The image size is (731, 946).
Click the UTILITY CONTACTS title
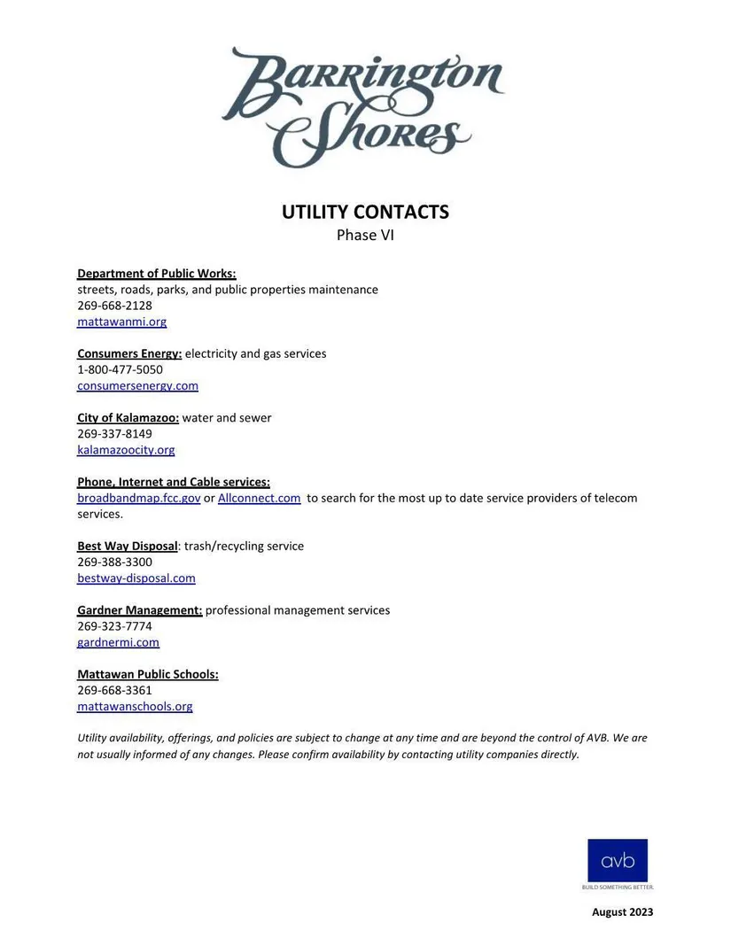(x=365, y=213)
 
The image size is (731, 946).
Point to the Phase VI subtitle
(x=365, y=236)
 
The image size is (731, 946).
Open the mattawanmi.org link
(x=121, y=322)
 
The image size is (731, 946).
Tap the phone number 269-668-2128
(x=114, y=306)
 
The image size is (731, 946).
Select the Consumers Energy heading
(x=129, y=353)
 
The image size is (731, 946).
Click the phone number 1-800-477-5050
(x=120, y=369)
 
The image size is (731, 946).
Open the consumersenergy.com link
(x=137, y=385)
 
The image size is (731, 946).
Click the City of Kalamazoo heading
(x=128, y=417)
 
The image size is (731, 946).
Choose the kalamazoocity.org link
(x=126, y=449)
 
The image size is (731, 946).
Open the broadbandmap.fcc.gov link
(x=138, y=498)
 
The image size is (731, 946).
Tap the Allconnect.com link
(x=259, y=498)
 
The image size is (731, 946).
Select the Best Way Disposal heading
(x=128, y=546)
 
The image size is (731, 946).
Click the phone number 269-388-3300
(x=114, y=562)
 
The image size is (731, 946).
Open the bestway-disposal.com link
(x=136, y=578)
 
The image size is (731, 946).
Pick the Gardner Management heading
(x=139, y=610)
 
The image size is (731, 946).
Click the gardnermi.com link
(x=118, y=642)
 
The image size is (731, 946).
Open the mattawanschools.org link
(x=135, y=706)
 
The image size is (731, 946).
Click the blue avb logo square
(x=618, y=860)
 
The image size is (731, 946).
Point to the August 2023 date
(x=622, y=911)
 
